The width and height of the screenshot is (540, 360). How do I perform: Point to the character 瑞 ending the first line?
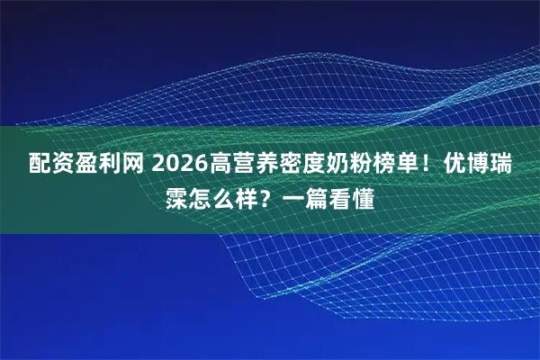coord(517,165)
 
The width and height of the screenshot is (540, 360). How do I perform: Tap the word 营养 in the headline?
coord(260,165)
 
